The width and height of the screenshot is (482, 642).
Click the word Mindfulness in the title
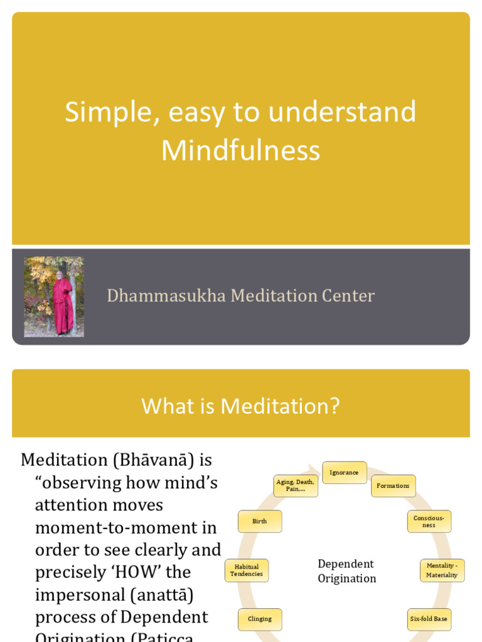[x=240, y=150]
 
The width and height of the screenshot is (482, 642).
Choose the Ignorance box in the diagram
[x=344, y=473]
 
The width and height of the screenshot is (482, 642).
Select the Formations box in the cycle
[x=393, y=486]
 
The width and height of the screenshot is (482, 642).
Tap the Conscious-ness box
[x=429, y=522]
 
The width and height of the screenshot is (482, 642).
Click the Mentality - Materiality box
[x=442, y=571]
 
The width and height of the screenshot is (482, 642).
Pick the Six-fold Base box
[x=429, y=619]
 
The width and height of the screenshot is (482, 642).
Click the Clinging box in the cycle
[x=260, y=619]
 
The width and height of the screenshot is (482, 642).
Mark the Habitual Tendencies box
[x=247, y=571]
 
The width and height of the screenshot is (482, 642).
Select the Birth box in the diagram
[x=260, y=522]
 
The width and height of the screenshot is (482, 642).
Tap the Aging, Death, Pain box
[x=296, y=486]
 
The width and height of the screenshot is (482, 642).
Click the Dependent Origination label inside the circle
[x=346, y=571]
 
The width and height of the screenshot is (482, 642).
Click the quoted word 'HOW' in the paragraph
[x=170, y=572]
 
